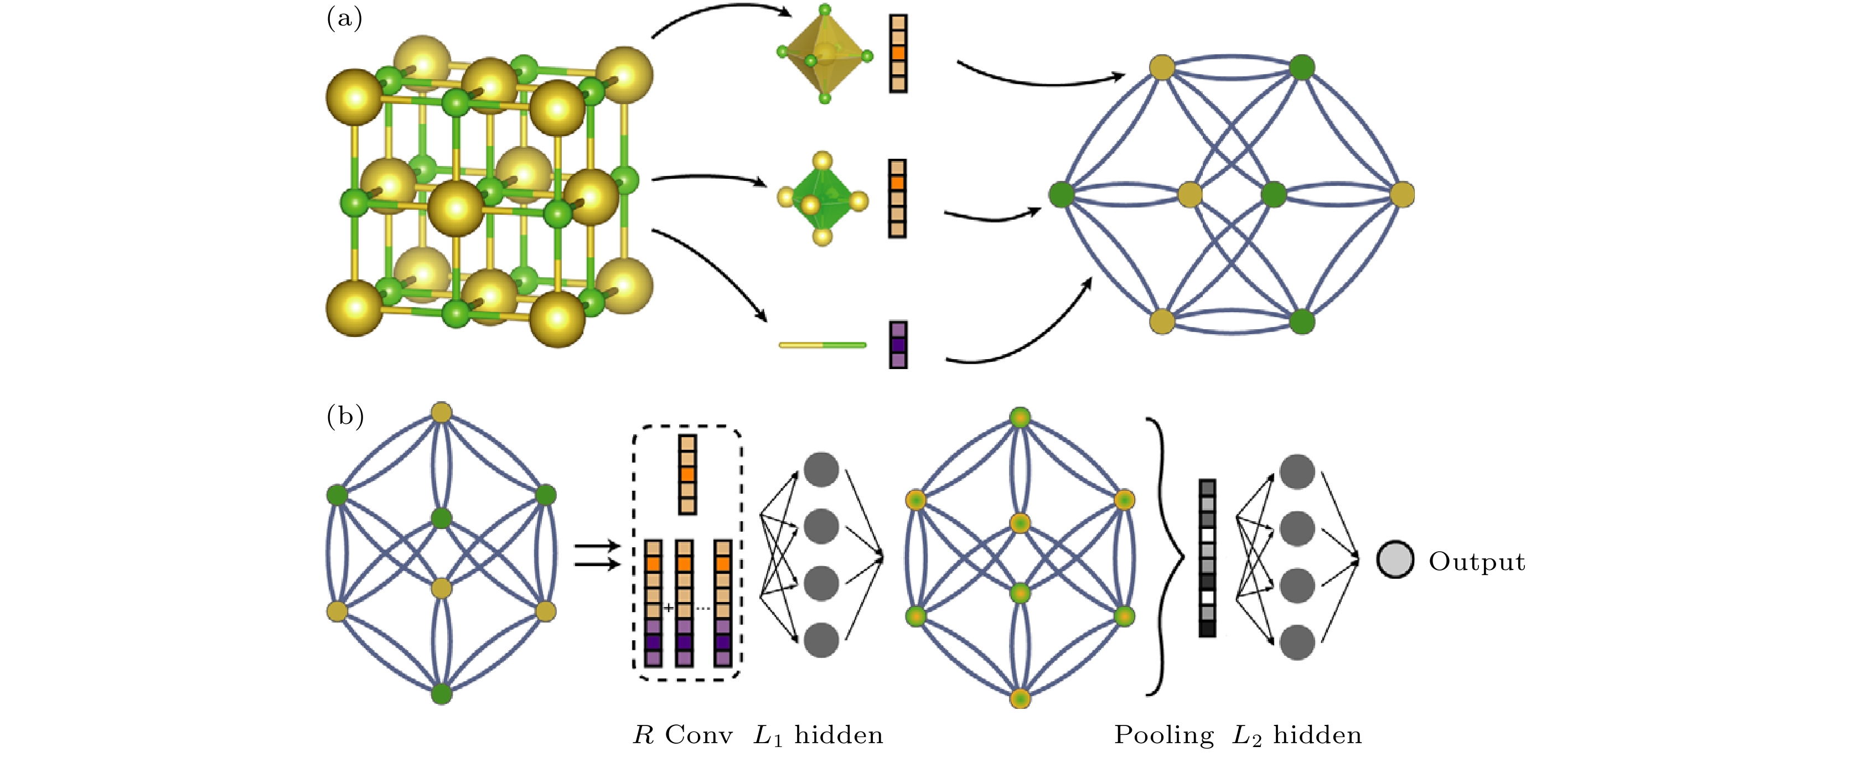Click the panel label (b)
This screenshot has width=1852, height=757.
coord(345,416)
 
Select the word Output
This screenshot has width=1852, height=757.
coord(1477,562)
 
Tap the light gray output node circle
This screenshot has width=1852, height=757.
coord(1395,559)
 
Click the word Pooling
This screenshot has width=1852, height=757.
coord(1163,735)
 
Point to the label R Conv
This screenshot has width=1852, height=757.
coord(682,735)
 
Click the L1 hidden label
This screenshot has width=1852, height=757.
coord(818,735)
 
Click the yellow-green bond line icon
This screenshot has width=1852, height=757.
coord(822,345)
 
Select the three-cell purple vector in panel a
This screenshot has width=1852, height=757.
coord(898,344)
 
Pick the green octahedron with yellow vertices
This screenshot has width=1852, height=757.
coord(822,199)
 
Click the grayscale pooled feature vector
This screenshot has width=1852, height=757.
coord(1207,558)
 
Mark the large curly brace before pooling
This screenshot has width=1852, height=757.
coord(1165,557)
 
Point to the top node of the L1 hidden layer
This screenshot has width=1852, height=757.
coord(821,469)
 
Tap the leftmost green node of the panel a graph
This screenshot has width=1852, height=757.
coord(1061,194)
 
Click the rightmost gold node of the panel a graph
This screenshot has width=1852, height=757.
coord(1402,194)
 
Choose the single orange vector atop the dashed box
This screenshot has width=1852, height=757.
coord(687,474)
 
